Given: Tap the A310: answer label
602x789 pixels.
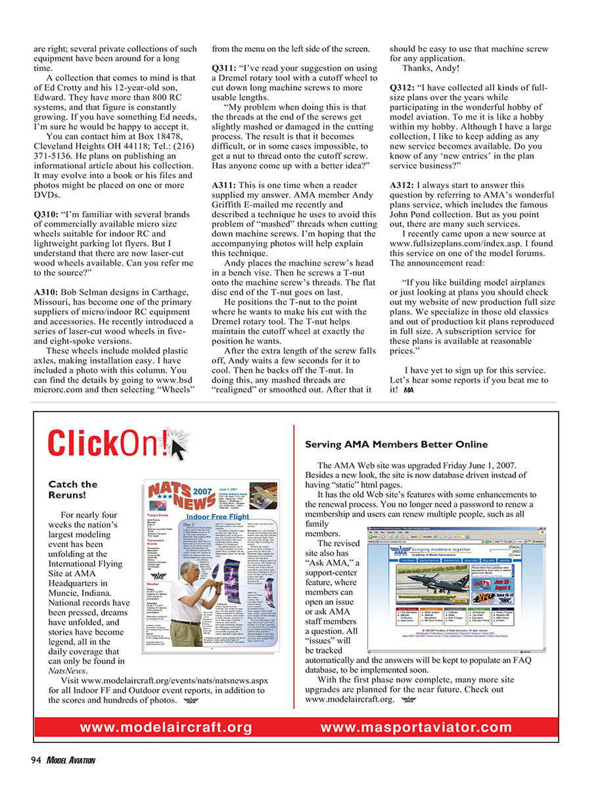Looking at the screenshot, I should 46,291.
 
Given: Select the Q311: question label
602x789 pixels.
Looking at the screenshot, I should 225,68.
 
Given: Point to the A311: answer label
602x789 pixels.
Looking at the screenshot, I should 225,185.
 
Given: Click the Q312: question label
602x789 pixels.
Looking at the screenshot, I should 404,88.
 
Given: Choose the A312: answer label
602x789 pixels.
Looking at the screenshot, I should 404,185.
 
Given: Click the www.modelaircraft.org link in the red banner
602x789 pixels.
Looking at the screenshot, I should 165,727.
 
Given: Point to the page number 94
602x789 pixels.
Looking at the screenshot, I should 36,761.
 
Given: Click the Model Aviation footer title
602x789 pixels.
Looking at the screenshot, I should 70,761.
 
